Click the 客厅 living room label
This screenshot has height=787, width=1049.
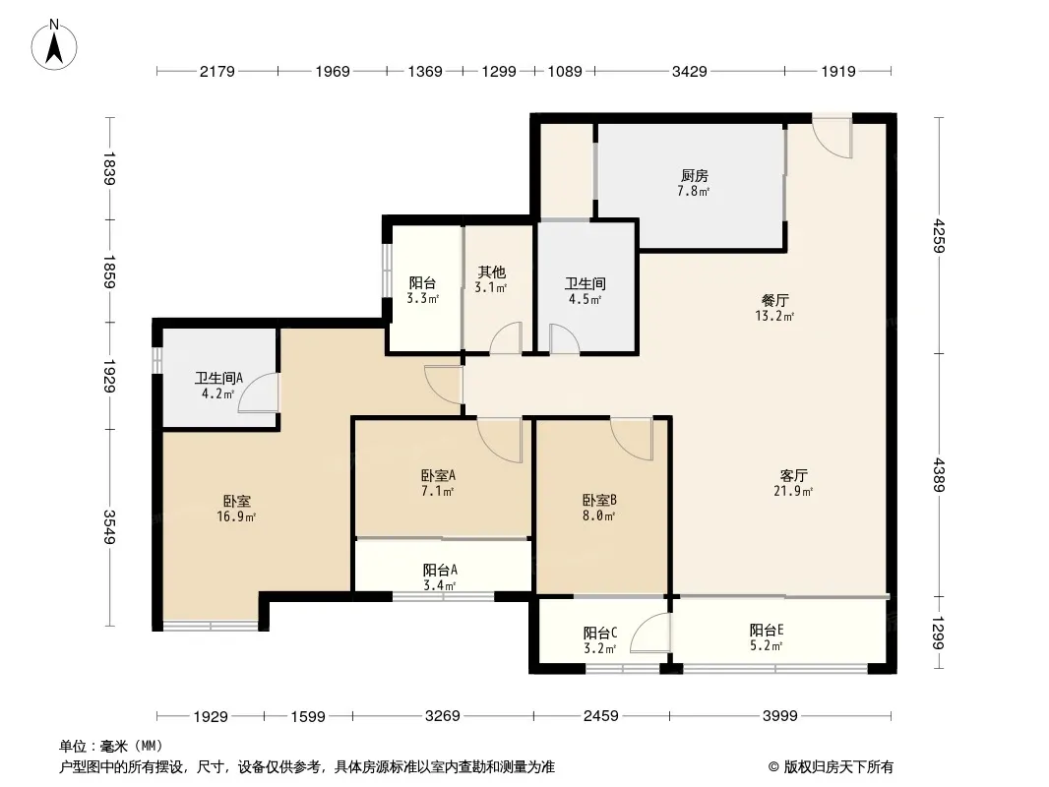794,475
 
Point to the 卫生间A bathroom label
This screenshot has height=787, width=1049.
218,378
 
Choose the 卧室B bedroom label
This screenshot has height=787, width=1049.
598,499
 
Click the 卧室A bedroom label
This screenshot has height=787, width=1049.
438,475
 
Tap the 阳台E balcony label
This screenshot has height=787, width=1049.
767,631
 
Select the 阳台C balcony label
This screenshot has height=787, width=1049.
599,633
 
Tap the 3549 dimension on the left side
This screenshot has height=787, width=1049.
110,527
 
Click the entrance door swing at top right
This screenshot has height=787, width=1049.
833,137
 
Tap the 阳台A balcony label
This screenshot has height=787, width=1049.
440,570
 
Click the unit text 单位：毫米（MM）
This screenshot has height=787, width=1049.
111,746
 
